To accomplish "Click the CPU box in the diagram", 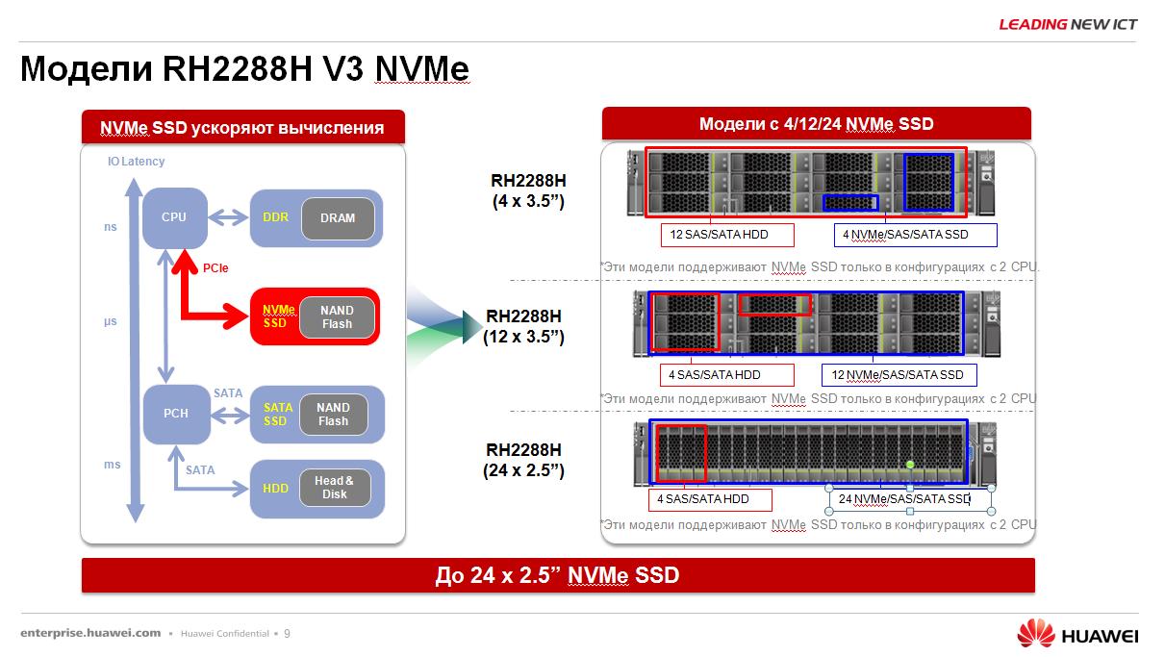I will pyautogui.click(x=174, y=217).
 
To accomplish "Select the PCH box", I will pyautogui.click(x=175, y=414).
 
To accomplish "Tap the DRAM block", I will pyautogui.click(x=337, y=218).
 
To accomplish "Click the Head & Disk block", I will pyautogui.click(x=334, y=488).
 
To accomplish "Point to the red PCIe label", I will pyautogui.click(x=215, y=268).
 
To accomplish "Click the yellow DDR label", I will pyautogui.click(x=275, y=218).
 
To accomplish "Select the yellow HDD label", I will pyautogui.click(x=275, y=489).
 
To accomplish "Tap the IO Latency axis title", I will pyautogui.click(x=136, y=162).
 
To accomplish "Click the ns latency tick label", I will pyautogui.click(x=111, y=228).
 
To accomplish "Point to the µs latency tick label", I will pyautogui.click(x=111, y=321).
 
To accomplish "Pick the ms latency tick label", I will pyautogui.click(x=113, y=465).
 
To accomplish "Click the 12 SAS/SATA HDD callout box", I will pyautogui.click(x=714, y=235).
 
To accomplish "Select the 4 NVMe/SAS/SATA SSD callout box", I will pyautogui.click(x=915, y=235).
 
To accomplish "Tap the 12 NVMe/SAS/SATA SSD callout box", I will pyautogui.click(x=899, y=375).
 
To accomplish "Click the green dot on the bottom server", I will pyautogui.click(x=910, y=466).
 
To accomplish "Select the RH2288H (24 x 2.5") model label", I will pyautogui.click(x=523, y=460).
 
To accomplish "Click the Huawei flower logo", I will pyautogui.click(x=1036, y=634).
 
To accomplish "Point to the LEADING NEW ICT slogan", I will pyautogui.click(x=1068, y=24).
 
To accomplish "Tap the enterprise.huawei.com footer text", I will pyautogui.click(x=90, y=633).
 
